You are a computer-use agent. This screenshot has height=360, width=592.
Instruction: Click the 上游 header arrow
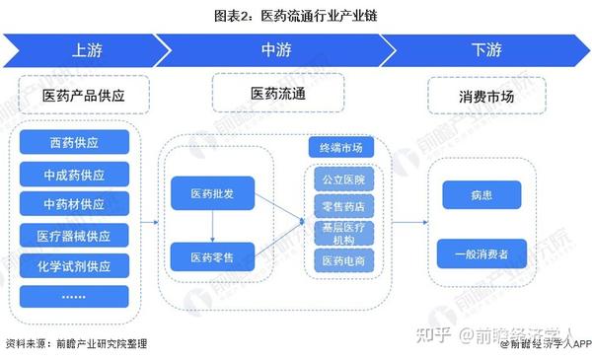point(84,49)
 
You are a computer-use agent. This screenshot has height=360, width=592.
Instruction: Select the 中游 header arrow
point(271,49)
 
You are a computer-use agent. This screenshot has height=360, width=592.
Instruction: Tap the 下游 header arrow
point(483,49)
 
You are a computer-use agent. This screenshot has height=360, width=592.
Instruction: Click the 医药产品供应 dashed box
point(83,96)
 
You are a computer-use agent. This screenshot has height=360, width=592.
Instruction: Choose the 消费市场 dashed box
point(486,96)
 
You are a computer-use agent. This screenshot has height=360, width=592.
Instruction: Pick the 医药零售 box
point(210,257)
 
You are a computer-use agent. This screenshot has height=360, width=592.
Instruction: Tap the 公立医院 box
point(342,180)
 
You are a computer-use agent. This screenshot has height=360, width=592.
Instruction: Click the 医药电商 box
point(342,261)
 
